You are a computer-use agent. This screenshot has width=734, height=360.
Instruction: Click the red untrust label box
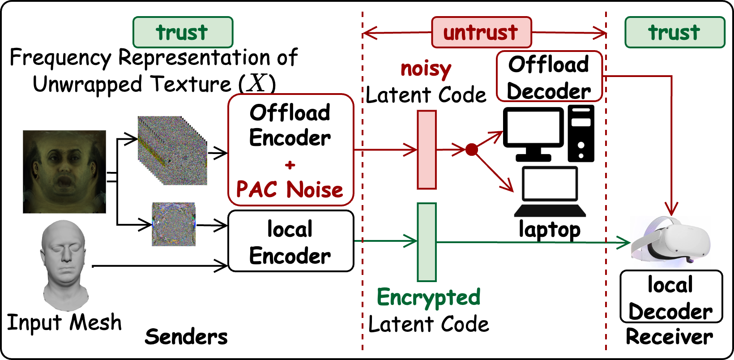(481, 32)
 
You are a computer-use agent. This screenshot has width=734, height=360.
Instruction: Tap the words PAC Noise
(290, 189)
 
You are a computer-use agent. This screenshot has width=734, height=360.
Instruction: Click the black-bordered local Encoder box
(290, 241)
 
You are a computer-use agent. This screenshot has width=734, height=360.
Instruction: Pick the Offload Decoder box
(549, 77)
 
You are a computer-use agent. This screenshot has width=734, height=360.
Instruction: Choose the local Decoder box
(671, 296)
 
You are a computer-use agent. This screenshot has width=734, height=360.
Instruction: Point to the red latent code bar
(427, 150)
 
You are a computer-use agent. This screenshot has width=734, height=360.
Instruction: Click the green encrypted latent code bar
(427, 242)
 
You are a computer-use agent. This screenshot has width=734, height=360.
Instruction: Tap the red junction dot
(472, 150)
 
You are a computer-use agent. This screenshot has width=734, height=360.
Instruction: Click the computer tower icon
(581, 133)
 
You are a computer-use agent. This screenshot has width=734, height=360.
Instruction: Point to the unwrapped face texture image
(64, 171)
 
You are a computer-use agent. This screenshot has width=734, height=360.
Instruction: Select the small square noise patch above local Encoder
(174, 224)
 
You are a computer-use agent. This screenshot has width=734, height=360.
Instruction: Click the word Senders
(186, 337)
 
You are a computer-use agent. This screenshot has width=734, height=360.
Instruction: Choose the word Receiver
(669, 337)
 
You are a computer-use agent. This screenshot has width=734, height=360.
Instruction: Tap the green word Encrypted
(428, 297)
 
